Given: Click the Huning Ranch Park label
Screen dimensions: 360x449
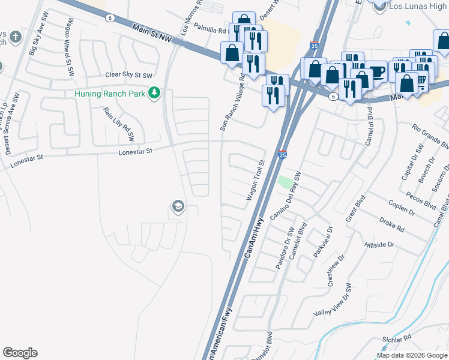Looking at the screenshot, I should [110, 94].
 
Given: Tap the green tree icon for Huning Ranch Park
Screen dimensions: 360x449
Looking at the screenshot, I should [155, 93].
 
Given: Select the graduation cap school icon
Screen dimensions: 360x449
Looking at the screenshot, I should [178, 207].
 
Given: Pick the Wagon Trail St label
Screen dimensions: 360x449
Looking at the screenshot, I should [255, 180].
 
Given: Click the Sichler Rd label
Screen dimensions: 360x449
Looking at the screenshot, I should [398, 339].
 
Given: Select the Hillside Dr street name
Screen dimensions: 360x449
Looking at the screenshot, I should [379, 245].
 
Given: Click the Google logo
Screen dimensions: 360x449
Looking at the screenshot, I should [20, 353].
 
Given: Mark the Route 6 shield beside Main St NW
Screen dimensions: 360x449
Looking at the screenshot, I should [109, 17].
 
